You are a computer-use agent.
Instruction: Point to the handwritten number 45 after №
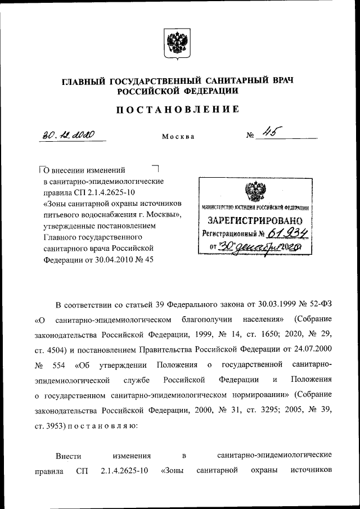coord(267,133)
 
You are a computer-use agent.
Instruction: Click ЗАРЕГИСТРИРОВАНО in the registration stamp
coord(256,220)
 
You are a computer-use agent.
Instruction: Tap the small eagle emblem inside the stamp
coord(255,192)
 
